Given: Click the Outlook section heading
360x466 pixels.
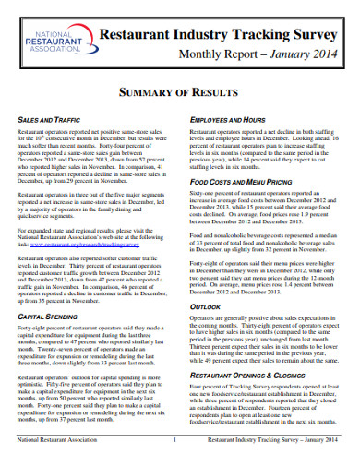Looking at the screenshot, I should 205,305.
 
